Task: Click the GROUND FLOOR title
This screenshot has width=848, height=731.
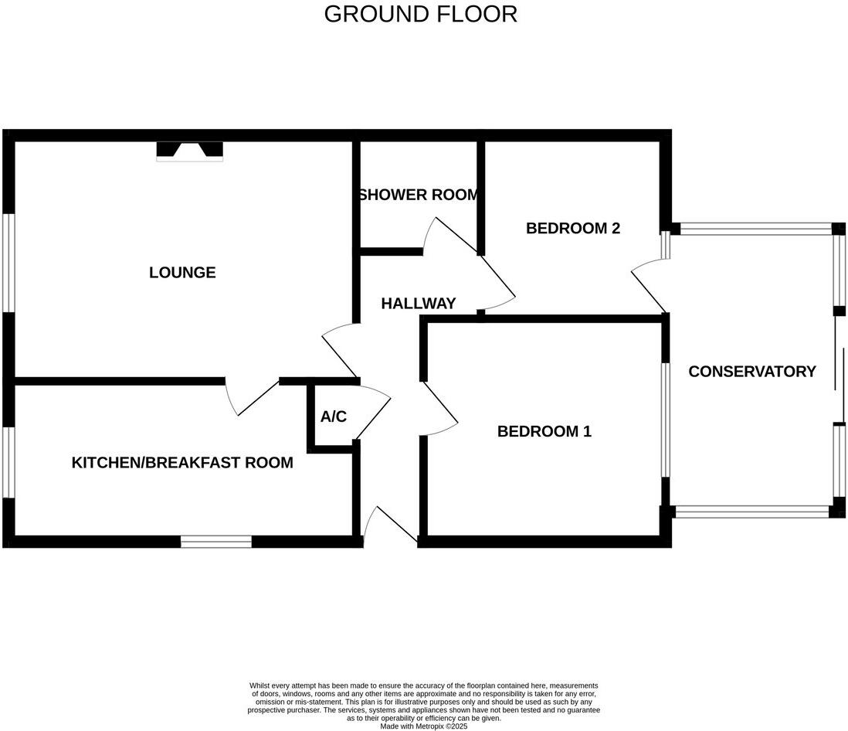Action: (420, 14)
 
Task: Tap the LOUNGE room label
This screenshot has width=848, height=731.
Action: (182, 273)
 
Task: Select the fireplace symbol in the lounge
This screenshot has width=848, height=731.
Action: (189, 151)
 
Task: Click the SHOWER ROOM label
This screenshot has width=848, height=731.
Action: (418, 195)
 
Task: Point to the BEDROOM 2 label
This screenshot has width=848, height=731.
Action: (573, 229)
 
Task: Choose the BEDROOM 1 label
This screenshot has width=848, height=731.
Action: (544, 431)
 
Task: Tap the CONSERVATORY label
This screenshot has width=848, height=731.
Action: (751, 372)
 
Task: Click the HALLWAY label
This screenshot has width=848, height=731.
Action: (419, 304)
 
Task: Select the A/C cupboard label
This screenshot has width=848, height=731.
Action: (334, 417)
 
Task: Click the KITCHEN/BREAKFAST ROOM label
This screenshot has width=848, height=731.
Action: (182, 463)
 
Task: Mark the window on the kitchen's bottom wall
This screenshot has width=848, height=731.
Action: (216, 542)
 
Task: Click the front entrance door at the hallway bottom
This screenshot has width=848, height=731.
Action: (390, 525)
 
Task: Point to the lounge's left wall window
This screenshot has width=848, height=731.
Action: (8, 263)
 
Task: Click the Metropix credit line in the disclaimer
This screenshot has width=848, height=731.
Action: (424, 726)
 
